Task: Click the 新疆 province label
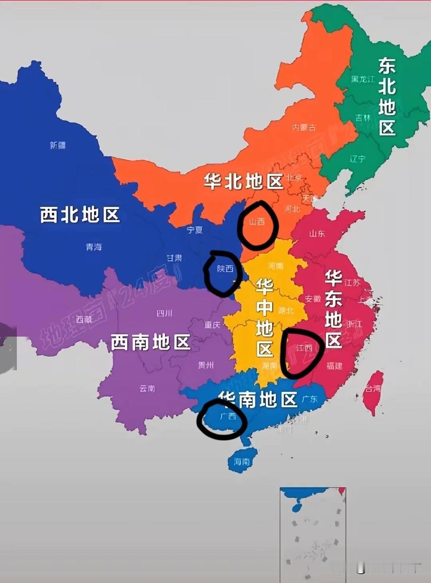point(57,145)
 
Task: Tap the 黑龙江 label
point(363,79)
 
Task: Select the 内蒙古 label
point(304,127)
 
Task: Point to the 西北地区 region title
point(80,215)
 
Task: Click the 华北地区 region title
point(243,182)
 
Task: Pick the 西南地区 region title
point(150,343)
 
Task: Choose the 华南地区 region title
point(257,400)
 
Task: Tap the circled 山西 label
point(257,222)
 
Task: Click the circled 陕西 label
point(225,269)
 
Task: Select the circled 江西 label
point(304,348)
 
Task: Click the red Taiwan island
point(373,392)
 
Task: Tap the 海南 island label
point(242,462)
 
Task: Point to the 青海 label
point(93,247)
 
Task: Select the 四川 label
point(164,313)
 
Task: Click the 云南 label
point(147,388)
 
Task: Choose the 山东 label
point(317,233)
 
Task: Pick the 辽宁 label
point(357,159)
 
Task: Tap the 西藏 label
point(84,320)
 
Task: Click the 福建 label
point(334,366)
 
